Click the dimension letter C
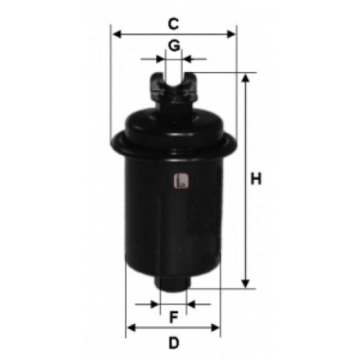click(174, 24)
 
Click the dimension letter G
click(174, 45)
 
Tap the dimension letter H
click(256, 179)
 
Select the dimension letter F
click(174, 317)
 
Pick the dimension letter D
click(174, 343)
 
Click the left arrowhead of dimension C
click(117, 35)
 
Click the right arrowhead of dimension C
click(231, 35)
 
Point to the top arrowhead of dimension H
click(245, 78)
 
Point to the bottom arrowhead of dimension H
click(245, 284)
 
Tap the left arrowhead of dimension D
click(131, 328)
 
